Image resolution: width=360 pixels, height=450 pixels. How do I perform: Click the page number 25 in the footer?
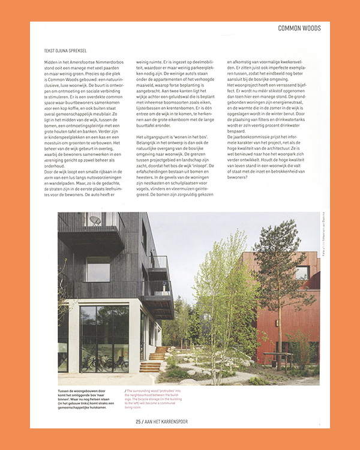139,421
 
